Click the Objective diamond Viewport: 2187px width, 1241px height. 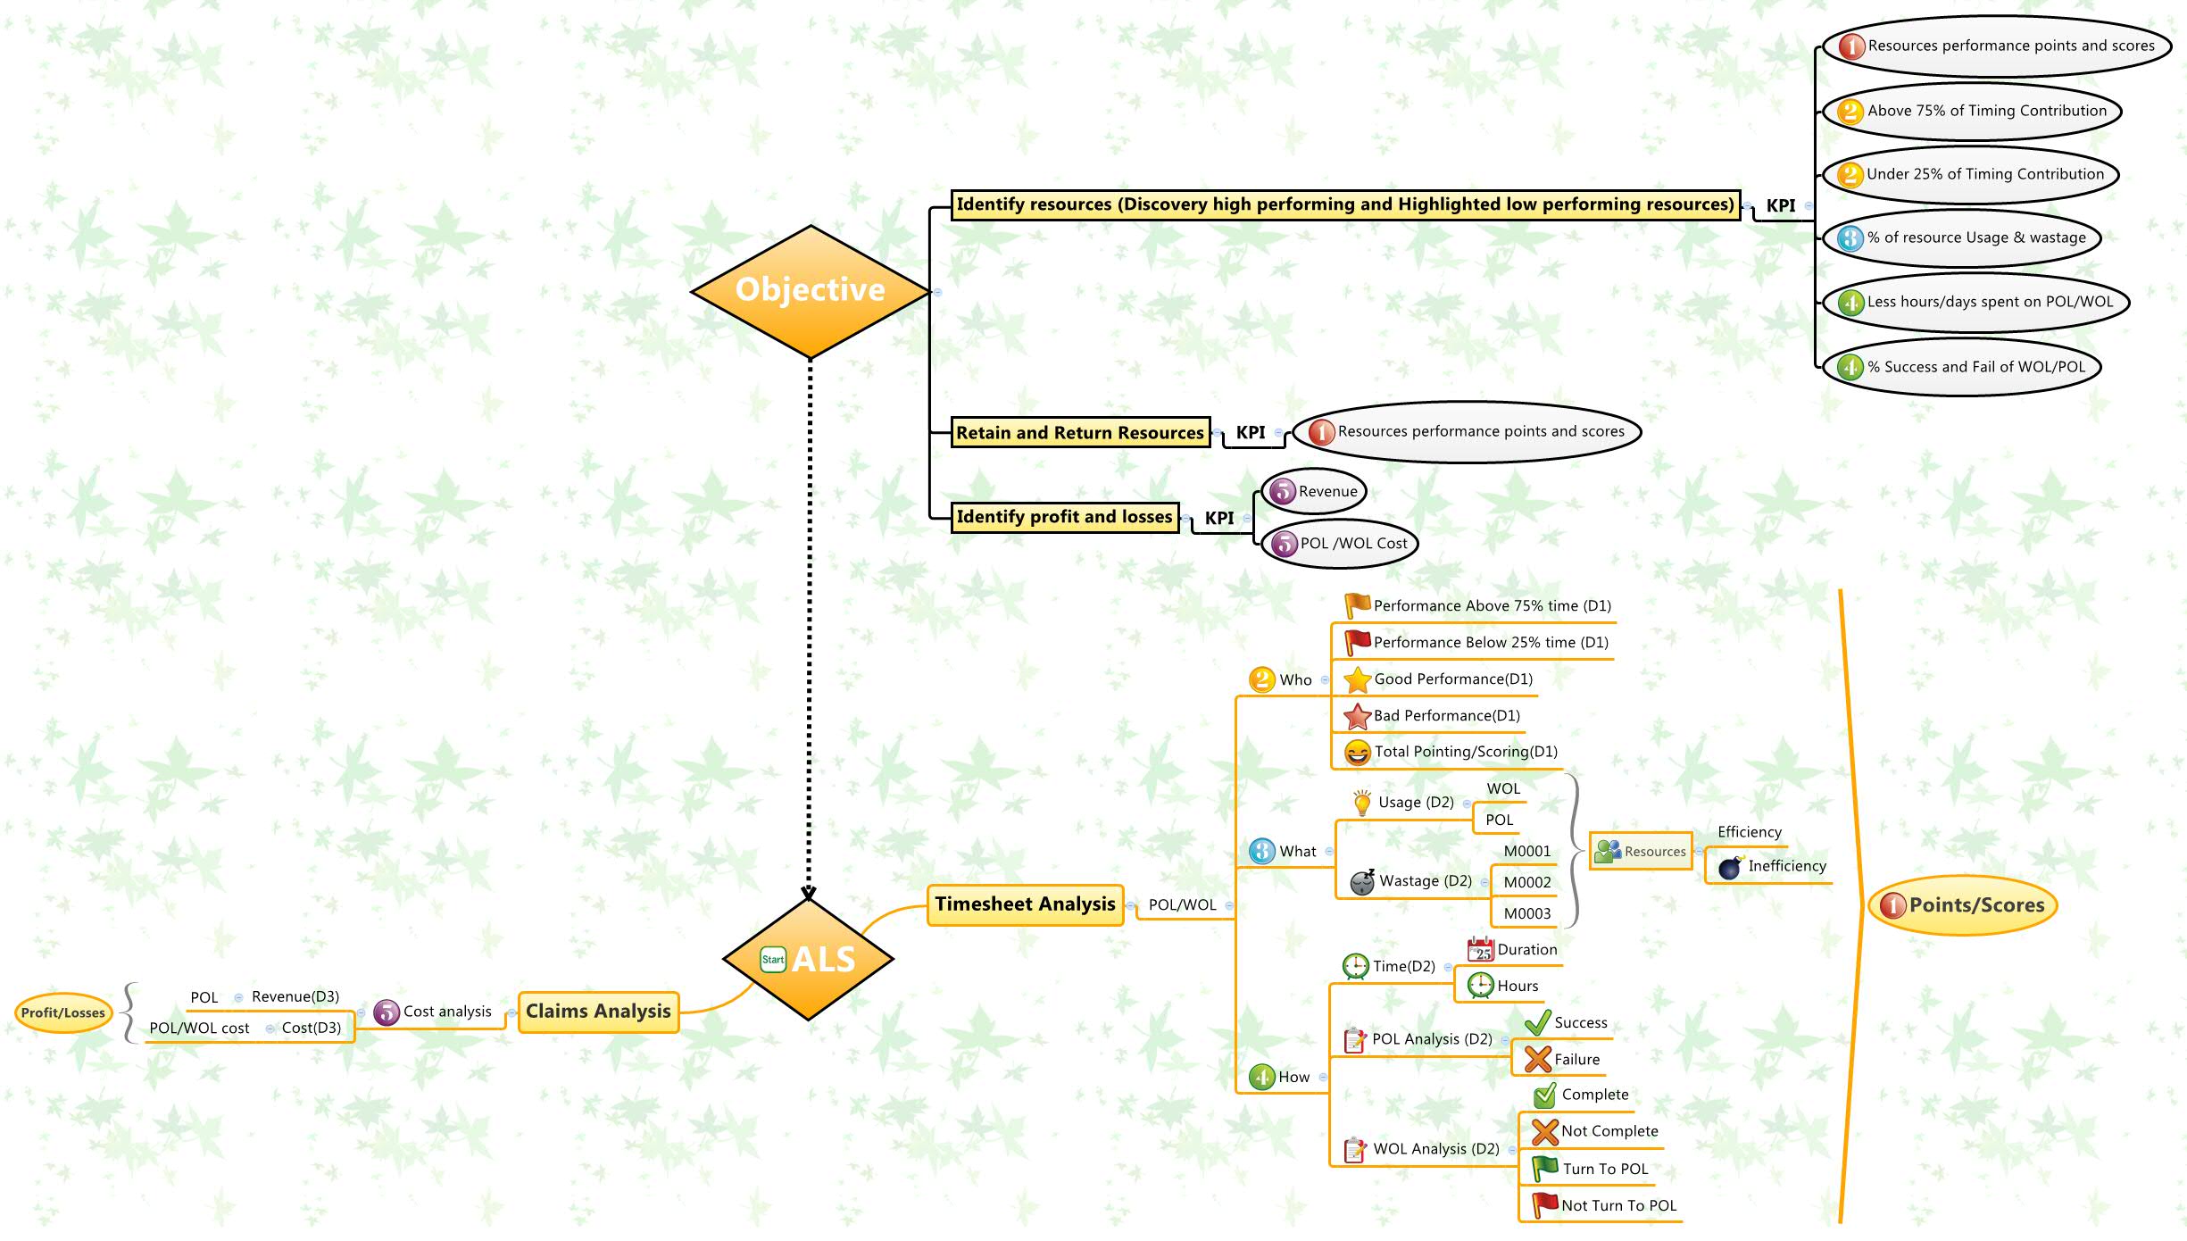[x=810, y=291]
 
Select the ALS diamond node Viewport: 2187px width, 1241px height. [x=809, y=959]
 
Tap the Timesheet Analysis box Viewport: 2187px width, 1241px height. [x=1025, y=904]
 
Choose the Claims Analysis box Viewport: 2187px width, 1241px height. [x=598, y=1012]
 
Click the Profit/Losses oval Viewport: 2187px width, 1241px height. [x=63, y=1012]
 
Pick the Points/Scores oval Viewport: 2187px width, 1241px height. [x=1963, y=905]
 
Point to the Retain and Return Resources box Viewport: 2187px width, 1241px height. [x=1080, y=433]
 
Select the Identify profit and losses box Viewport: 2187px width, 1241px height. [x=1064, y=517]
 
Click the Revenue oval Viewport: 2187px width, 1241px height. [x=1314, y=491]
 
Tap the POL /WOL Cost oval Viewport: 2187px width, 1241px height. [x=1339, y=543]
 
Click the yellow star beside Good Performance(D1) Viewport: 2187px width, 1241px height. [x=1358, y=680]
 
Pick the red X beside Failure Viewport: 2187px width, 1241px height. [x=1537, y=1060]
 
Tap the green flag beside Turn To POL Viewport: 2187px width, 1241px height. [x=1545, y=1168]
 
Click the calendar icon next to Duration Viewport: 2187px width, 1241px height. [x=1480, y=949]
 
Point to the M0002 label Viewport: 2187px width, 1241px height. [x=1527, y=882]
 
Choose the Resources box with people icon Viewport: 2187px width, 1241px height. [x=1641, y=851]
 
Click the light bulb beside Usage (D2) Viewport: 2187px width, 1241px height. [x=1362, y=802]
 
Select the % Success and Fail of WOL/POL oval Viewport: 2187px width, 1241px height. [x=1962, y=367]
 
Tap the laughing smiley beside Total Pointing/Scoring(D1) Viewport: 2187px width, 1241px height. [x=1358, y=753]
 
